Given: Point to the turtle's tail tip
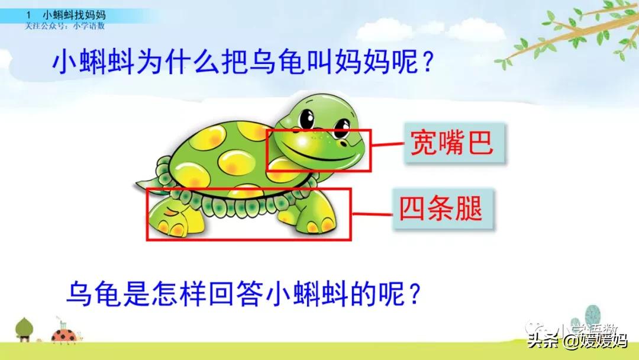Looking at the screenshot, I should pos(137,184).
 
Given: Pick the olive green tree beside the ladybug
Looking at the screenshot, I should pos(25,327).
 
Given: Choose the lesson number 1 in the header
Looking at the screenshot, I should pos(28,15).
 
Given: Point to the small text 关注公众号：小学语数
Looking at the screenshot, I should pos(64,25).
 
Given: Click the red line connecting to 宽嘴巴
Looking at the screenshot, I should pos(386,144).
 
